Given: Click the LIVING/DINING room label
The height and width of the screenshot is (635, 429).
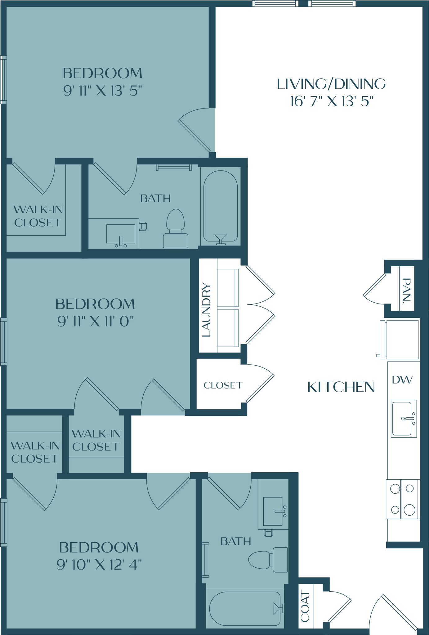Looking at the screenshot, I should click(x=331, y=84).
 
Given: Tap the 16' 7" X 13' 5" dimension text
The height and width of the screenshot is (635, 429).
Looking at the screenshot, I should click(x=331, y=101).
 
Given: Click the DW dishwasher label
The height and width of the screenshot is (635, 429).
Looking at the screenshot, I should click(x=402, y=380).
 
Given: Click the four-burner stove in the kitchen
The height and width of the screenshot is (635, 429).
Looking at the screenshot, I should click(x=402, y=499).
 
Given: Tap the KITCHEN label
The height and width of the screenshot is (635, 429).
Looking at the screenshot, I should click(x=341, y=387).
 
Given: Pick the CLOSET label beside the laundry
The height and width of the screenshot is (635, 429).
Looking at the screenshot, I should click(x=223, y=385).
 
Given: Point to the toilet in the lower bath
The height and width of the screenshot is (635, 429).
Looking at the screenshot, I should click(x=269, y=560).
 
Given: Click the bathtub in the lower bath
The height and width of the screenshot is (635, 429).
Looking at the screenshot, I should click(x=245, y=609).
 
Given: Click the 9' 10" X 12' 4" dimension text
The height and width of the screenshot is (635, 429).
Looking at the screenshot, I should click(x=99, y=565).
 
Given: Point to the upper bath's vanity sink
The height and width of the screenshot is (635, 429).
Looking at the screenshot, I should click(x=121, y=234).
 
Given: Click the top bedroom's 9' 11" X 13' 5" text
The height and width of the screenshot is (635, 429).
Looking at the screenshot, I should click(x=102, y=91).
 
